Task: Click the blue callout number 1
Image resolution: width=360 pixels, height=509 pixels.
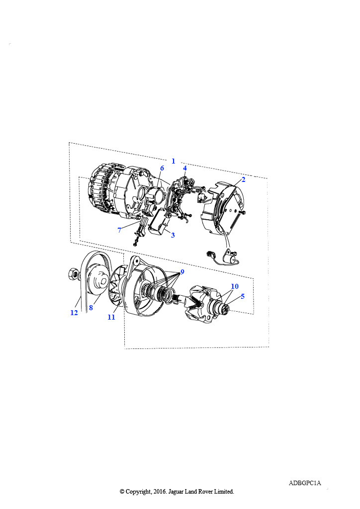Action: tap(174, 161)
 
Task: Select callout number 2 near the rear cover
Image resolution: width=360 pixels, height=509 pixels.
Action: tap(244, 179)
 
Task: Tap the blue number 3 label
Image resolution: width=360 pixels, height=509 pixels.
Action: tap(173, 235)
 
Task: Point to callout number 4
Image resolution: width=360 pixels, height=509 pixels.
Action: tap(184, 168)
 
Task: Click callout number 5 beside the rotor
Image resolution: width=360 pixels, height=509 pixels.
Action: tap(243, 296)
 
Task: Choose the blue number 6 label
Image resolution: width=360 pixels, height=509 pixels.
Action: tap(162, 168)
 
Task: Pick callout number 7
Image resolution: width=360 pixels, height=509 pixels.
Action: tap(119, 230)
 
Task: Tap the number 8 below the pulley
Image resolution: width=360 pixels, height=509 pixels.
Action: tap(91, 307)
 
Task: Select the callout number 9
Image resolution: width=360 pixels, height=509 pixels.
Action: tap(182, 272)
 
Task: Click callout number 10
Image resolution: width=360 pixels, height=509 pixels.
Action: tap(235, 286)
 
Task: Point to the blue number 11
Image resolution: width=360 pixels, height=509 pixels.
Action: tap(111, 317)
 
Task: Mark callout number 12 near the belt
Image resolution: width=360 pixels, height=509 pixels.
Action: tap(74, 313)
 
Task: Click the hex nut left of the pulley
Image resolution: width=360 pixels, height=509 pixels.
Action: tap(73, 274)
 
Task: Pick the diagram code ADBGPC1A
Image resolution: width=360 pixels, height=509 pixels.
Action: tap(305, 483)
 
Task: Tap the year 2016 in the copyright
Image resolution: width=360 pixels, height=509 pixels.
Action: tap(160, 492)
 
